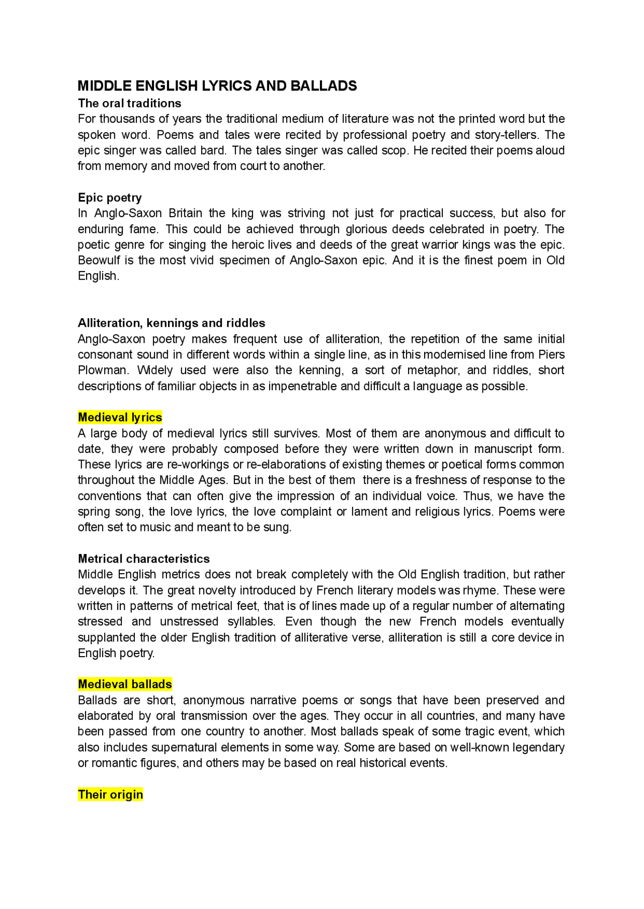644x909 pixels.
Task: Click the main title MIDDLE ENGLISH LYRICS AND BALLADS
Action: tap(217, 86)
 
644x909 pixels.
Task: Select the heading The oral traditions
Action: tap(129, 103)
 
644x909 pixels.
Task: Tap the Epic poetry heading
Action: tap(110, 198)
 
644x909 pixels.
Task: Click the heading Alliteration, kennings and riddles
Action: tap(172, 323)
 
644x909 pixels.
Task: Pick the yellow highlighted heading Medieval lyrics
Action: tap(120, 417)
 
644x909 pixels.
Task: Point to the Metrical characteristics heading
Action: tap(143, 559)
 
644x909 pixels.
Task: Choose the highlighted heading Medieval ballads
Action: tap(125, 684)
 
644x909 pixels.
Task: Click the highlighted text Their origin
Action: tap(110, 794)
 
